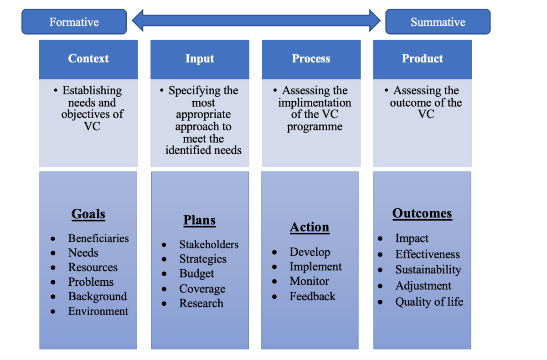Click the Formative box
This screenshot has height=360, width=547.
click(x=74, y=22)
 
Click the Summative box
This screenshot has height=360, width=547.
click(x=438, y=22)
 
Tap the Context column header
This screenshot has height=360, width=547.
click(x=88, y=60)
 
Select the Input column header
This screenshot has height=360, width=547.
click(x=200, y=60)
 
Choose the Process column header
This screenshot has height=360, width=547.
click(x=311, y=60)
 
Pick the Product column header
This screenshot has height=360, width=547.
click(x=423, y=60)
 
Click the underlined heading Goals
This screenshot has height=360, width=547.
click(x=88, y=214)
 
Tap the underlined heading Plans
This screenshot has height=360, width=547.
click(x=200, y=220)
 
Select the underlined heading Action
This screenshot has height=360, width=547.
click(x=310, y=227)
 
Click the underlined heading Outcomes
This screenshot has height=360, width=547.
click(x=422, y=213)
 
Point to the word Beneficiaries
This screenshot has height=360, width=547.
click(x=98, y=238)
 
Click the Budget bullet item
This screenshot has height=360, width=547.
click(x=196, y=273)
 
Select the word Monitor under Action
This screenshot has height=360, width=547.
click(x=310, y=281)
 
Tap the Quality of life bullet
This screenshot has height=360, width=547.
click(x=429, y=302)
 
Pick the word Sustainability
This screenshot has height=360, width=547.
click(x=428, y=270)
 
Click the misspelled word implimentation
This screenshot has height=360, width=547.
click(x=315, y=103)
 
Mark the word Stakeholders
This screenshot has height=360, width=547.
click(x=209, y=245)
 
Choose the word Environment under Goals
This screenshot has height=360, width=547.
click(x=98, y=311)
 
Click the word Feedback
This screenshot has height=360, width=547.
click(x=313, y=296)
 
